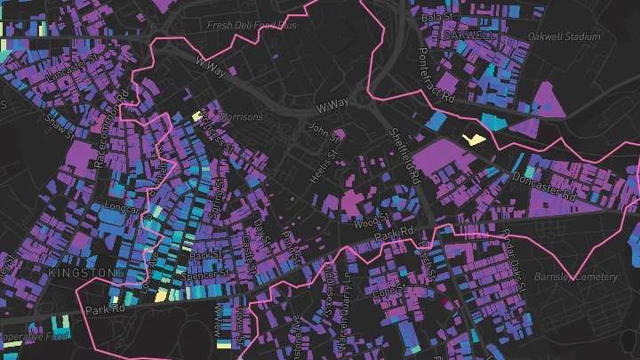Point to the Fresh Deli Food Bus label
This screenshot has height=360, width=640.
click(x=251, y=26)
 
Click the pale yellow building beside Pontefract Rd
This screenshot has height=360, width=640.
click(x=475, y=139)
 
